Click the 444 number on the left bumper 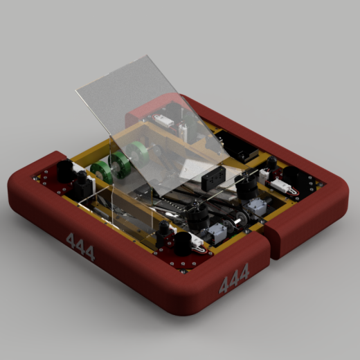coord(80,247)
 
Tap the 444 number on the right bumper coord(234,278)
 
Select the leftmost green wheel coord(100,170)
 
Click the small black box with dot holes coord(213,178)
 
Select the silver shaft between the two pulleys coord(237,222)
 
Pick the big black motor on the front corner coord(183,244)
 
